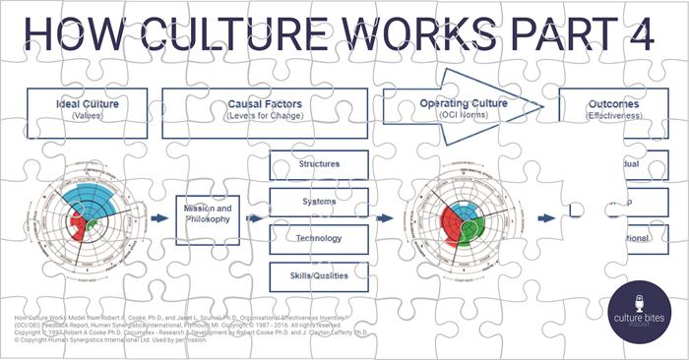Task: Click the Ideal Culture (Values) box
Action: point(88,108)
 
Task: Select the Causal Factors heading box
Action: point(265,108)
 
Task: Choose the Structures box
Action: point(318,164)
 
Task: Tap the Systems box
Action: point(318,202)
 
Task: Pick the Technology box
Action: point(318,238)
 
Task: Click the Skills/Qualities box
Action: point(318,275)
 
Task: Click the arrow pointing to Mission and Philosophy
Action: point(157,218)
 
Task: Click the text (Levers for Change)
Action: point(265,116)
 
